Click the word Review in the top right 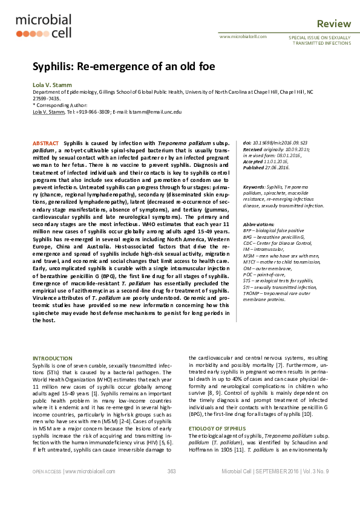334,24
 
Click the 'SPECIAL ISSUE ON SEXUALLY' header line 318,37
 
